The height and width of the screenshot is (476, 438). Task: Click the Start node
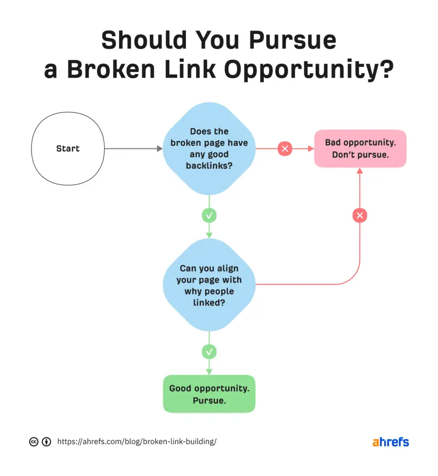tap(68, 149)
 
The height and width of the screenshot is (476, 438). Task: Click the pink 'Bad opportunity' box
tap(360, 149)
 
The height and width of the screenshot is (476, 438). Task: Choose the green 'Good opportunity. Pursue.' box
tap(209, 394)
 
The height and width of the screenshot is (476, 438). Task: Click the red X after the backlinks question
tap(285, 149)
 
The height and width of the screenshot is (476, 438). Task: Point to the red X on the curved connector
tap(360, 216)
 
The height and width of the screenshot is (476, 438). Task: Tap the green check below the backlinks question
tap(209, 216)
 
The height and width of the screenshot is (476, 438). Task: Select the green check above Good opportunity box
tap(209, 351)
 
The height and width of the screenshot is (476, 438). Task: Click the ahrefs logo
tap(391, 442)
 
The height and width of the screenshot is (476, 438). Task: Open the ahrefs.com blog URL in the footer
tap(137, 442)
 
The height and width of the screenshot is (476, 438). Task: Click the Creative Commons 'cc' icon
tap(33, 442)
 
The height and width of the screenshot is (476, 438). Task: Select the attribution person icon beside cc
tap(46, 442)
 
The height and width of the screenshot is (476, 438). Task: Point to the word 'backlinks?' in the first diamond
tap(209, 165)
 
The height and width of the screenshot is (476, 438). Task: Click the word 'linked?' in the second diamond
tap(209, 303)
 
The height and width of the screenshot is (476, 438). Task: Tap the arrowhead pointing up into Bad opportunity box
tap(360, 171)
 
